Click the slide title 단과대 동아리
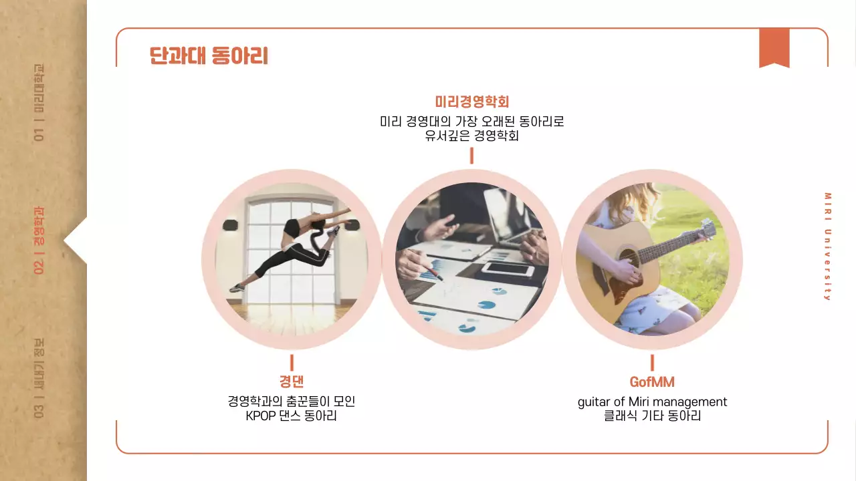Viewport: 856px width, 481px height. click(x=209, y=56)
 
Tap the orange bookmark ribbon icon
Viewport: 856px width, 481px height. click(x=774, y=47)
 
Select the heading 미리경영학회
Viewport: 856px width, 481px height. click(x=471, y=102)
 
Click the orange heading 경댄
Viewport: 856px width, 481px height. click(x=292, y=381)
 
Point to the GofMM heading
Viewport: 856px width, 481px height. click(x=652, y=381)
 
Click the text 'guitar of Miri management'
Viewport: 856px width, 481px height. click(x=652, y=402)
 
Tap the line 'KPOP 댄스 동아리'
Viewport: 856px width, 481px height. click(x=292, y=416)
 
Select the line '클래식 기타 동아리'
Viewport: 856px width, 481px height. click(x=652, y=416)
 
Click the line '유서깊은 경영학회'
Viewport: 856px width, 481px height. click(x=471, y=136)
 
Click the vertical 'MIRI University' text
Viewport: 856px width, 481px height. click(x=827, y=247)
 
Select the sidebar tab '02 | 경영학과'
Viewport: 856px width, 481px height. click(x=39, y=240)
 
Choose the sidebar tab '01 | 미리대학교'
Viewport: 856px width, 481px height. click(x=39, y=103)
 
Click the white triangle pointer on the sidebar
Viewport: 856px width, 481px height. click(x=76, y=240)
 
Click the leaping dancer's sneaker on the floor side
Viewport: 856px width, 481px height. click(x=237, y=288)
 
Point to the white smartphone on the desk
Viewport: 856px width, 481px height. click(x=508, y=269)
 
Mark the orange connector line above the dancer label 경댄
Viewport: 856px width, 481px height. click(x=292, y=362)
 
